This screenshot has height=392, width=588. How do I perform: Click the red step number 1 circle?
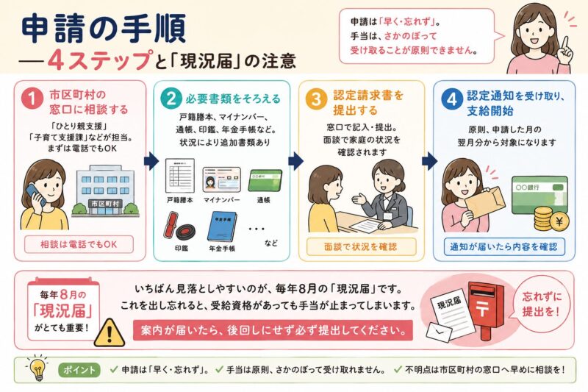[32, 99]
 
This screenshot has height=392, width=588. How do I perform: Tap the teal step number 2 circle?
[171, 99]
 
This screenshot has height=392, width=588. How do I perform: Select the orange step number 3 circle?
[316, 99]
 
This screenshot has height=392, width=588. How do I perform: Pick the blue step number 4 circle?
[451, 99]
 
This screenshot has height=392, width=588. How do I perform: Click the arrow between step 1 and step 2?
[151, 161]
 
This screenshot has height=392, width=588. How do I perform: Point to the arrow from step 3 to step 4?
[429, 161]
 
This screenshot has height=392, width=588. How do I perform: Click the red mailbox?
[486, 308]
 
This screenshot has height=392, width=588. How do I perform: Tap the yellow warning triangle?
[109, 332]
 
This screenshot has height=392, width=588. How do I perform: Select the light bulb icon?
[37, 368]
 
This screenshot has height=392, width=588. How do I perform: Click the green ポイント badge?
[79, 370]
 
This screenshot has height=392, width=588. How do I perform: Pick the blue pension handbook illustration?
[222, 227]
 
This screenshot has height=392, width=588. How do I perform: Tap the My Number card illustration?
[221, 180]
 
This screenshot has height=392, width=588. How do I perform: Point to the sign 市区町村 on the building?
[105, 204]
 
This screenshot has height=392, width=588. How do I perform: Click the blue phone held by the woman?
[35, 193]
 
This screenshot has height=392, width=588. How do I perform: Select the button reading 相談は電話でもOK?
[79, 245]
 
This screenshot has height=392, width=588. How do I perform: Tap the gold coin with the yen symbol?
[559, 221]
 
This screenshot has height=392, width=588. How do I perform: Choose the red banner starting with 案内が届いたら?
[273, 330]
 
